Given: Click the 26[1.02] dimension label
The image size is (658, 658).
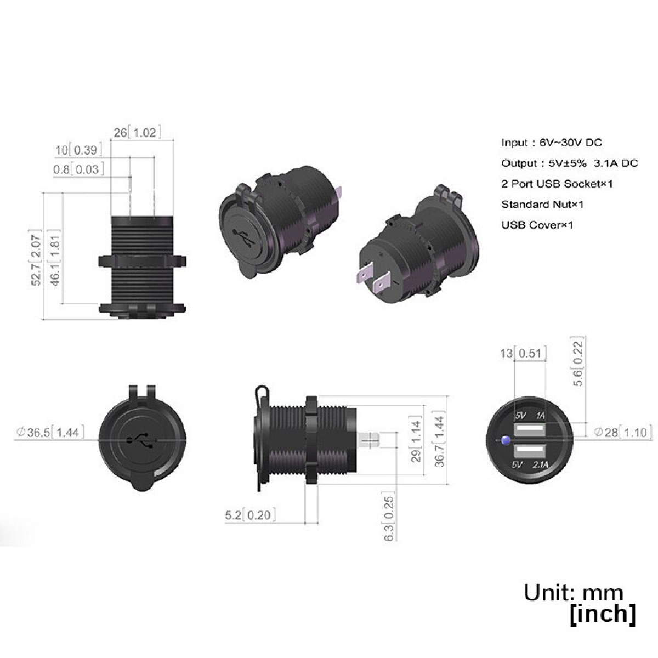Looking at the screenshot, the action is pyautogui.click(x=137, y=132).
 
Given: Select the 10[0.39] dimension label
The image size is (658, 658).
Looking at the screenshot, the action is pyautogui.click(x=78, y=150).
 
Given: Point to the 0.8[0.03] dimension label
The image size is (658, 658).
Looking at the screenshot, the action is pyautogui.click(x=78, y=169).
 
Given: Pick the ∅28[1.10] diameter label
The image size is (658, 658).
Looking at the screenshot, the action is pyautogui.click(x=623, y=432).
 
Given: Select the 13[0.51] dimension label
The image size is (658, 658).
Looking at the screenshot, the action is pyautogui.click(x=523, y=353).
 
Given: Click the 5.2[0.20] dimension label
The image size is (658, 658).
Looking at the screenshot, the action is pyautogui.click(x=250, y=514).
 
